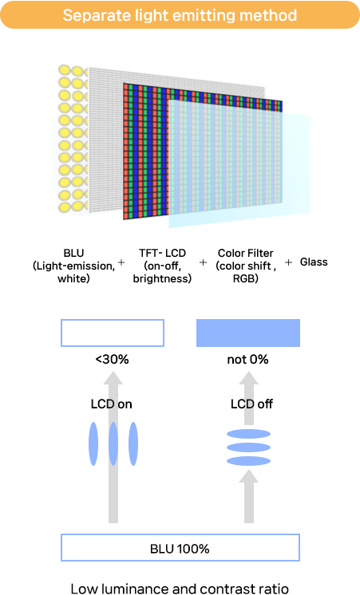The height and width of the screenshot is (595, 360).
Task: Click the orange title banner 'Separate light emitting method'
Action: click(x=180, y=15)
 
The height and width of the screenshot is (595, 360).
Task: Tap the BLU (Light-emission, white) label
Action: click(x=73, y=266)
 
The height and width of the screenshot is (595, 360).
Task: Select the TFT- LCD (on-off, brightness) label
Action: click(x=162, y=266)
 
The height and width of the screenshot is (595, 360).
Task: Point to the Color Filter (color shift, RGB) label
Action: click(x=245, y=266)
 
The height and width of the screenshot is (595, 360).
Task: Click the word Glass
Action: click(x=314, y=262)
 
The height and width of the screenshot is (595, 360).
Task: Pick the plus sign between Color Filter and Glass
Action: click(x=289, y=262)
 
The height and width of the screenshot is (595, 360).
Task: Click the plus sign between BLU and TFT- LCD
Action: click(x=121, y=262)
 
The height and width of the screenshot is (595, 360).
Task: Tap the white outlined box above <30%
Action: click(x=113, y=333)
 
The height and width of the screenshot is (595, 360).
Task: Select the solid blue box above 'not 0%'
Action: click(x=248, y=333)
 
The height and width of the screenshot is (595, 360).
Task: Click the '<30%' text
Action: click(x=112, y=359)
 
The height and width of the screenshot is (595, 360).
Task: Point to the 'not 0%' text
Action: click(x=247, y=359)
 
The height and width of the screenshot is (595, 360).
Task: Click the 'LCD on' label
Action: click(x=111, y=404)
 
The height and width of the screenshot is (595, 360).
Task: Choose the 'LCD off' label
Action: click(x=251, y=404)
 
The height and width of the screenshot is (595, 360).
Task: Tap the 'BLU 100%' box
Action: click(x=180, y=548)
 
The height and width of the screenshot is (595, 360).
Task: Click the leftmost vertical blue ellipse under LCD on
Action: click(x=93, y=443)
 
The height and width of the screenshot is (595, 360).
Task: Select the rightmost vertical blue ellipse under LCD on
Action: click(x=133, y=443)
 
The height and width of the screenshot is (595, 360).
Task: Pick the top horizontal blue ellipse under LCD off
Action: click(x=248, y=434)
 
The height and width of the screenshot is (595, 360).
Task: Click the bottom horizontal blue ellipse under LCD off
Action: click(x=248, y=462)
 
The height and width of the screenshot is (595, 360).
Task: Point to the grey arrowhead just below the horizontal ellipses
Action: click(x=248, y=476)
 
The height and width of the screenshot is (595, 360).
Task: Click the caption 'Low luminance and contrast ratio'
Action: click(x=180, y=588)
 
